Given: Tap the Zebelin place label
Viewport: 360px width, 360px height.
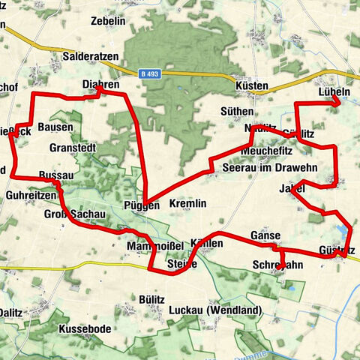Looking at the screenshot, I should (x=107, y=22).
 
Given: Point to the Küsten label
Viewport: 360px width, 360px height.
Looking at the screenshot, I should (x=251, y=85).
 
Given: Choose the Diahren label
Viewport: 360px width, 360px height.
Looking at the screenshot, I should (x=100, y=85).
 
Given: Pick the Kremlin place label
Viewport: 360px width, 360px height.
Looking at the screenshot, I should (x=187, y=204).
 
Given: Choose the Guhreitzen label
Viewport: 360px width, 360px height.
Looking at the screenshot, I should (x=29, y=194).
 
